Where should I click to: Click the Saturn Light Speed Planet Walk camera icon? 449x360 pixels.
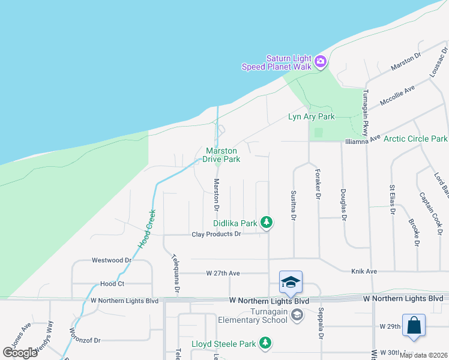320,61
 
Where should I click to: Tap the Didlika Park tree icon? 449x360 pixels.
267,223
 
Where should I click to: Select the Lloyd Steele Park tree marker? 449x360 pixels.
265,344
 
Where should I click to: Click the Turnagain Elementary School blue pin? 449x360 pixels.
291,283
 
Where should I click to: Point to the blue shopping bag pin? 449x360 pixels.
414,326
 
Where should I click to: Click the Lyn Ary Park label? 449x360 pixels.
311,116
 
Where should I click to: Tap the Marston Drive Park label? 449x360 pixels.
223,155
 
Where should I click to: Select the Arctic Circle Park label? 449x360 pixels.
415,139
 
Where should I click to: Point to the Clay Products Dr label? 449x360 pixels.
216,234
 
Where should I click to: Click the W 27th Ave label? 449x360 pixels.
223,273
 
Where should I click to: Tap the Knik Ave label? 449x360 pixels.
364,271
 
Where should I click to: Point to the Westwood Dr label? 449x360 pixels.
111,260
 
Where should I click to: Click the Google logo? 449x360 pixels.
20,352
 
